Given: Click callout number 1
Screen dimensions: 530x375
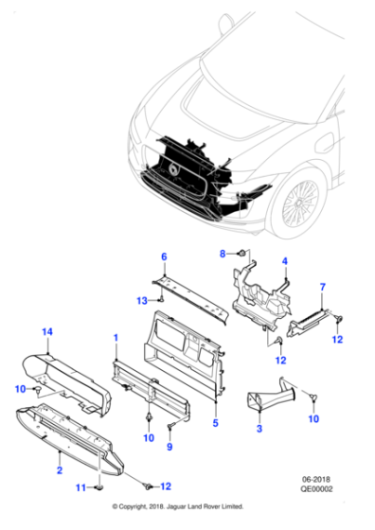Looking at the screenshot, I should pyautogui.click(x=116, y=338).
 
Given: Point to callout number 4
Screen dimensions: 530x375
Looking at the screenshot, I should pyautogui.click(x=283, y=260).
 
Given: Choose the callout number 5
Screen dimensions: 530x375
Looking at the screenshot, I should pyautogui.click(x=216, y=423).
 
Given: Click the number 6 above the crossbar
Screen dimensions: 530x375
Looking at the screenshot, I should pyautogui.click(x=163, y=257).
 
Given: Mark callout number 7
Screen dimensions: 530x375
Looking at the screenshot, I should pyautogui.click(x=322, y=287).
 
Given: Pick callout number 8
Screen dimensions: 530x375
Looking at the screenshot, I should pyautogui.click(x=223, y=254).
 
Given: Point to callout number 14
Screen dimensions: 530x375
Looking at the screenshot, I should pyautogui.click(x=45, y=330).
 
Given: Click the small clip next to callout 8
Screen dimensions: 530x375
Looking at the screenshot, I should pyautogui.click(x=241, y=254).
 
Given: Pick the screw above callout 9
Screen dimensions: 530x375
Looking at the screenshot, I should pyautogui.click(x=171, y=427).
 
